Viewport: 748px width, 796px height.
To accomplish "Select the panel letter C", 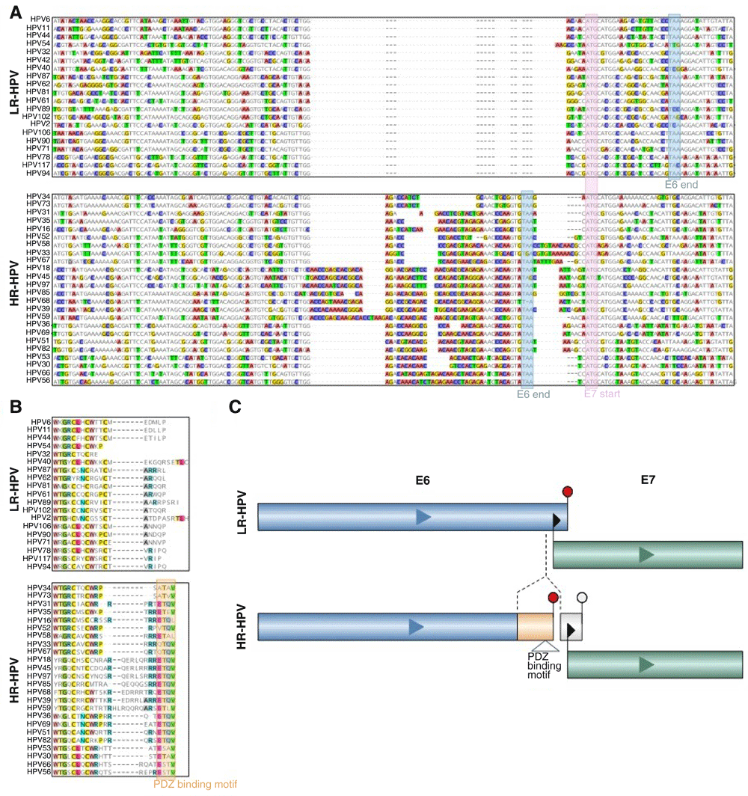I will (x=235, y=408).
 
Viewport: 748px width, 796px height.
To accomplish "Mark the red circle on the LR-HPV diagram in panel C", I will (x=567, y=491).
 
